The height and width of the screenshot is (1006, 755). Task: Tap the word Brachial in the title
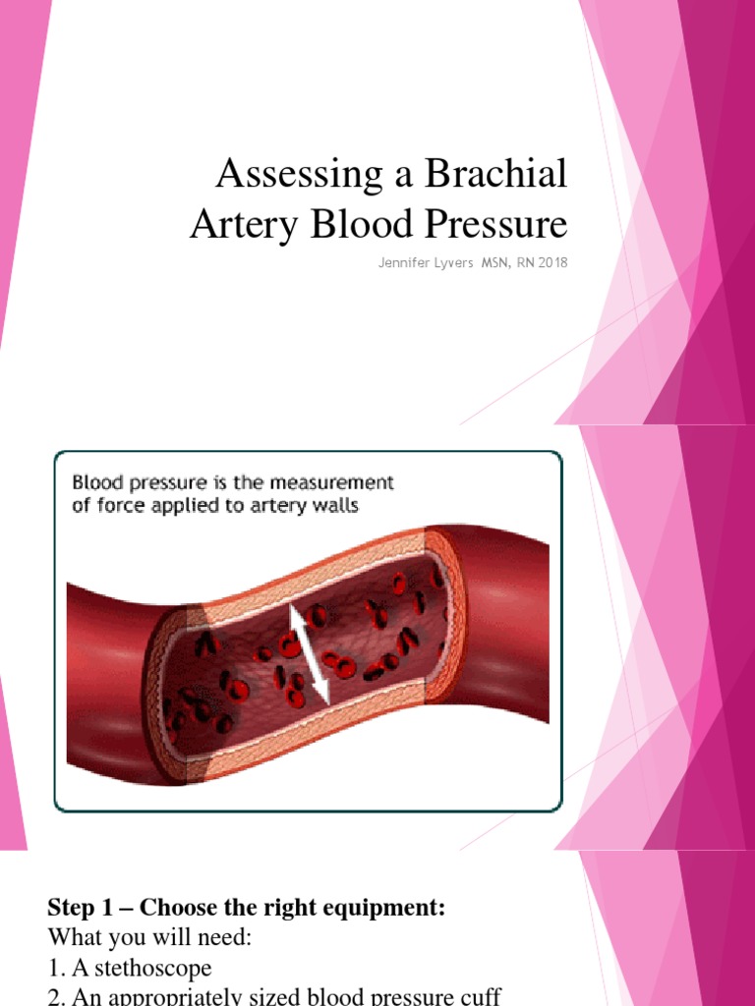(495, 175)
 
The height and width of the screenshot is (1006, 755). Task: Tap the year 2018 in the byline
(552, 262)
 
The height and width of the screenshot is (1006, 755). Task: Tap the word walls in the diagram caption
(332, 506)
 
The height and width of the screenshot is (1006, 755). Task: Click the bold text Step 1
(81, 908)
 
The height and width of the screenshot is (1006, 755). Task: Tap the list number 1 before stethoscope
(54, 969)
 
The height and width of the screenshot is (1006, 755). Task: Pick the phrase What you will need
(150, 938)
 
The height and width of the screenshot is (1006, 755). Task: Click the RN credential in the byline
(525, 262)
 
